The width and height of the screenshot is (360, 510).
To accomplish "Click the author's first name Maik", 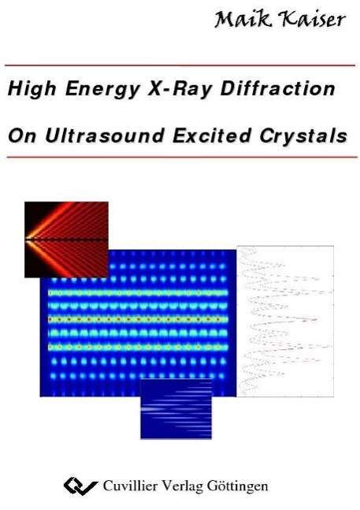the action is coord(243,19).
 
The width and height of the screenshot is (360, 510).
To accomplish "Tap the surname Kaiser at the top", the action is coord(314,20).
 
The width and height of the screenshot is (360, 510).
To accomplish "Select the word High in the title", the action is coord(32,89).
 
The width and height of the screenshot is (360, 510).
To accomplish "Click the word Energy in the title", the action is coord(102,89).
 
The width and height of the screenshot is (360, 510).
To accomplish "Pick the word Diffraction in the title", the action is coord(278,88).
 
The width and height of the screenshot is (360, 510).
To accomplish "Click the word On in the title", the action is coord(22,136).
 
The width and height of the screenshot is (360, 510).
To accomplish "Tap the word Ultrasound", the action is coord(104,136).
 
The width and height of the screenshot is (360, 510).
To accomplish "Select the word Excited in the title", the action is coord(212,136).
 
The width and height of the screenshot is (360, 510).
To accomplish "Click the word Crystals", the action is coord(303,136).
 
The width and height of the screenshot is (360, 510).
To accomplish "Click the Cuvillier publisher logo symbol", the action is coord(80,486).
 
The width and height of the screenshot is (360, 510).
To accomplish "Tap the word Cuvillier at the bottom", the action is coord(130,486).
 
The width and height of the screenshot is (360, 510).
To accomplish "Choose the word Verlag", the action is coord(182,487).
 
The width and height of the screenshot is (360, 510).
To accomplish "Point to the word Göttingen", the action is coord(237,487).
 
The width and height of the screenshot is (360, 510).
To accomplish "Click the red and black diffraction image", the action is coord(66,240).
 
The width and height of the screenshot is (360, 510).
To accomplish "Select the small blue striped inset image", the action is coord(176,409).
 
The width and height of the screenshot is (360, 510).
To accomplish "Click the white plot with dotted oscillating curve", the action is coord(285,322).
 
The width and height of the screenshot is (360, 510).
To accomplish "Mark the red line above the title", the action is coord(180,65).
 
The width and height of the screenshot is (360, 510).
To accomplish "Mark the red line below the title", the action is coord(182,157).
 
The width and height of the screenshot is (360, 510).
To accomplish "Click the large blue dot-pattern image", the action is coord(138,323).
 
